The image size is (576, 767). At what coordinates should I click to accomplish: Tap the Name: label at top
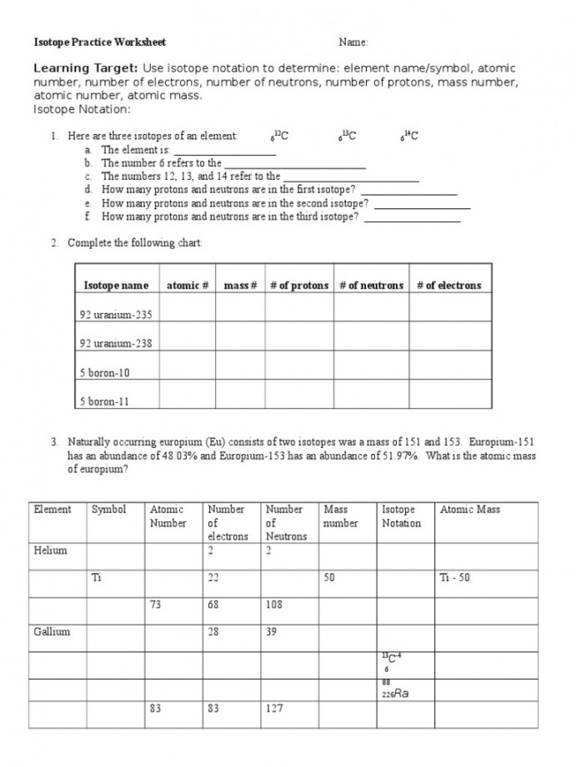coord(353,42)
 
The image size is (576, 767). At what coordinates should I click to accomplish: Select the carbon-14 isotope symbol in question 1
coord(408,136)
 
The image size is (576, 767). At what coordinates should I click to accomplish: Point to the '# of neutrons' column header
coord(371,286)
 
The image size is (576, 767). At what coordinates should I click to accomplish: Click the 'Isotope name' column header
coord(116,286)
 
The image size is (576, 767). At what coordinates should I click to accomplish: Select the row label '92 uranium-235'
coord(116,315)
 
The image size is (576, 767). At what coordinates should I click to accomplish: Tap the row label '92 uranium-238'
coord(116,343)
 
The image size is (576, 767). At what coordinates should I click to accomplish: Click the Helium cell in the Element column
coord(50,550)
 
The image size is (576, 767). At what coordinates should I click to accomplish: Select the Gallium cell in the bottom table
coord(52,632)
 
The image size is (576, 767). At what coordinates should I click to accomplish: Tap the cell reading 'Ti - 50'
coord(454,578)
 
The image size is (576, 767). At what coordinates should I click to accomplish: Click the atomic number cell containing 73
coord(156,605)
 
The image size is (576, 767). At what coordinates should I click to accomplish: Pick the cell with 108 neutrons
coord(275,605)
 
